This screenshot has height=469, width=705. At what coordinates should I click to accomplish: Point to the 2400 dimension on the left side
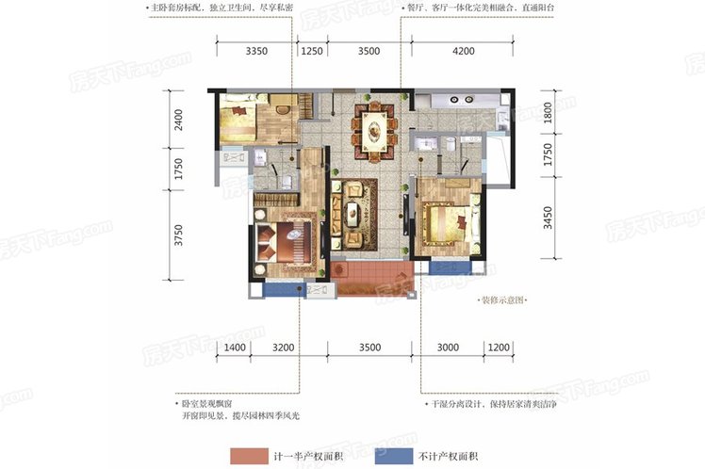tap(178, 121)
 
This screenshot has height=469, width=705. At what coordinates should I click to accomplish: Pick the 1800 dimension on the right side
tap(547, 113)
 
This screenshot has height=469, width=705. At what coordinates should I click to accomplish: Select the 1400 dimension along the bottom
tap(236, 348)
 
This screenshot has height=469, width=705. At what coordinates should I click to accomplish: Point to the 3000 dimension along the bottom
tap(447, 348)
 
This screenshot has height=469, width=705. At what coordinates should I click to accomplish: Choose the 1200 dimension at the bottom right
tap(499, 348)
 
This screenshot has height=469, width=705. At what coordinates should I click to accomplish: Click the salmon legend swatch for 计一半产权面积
tap(256, 455)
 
